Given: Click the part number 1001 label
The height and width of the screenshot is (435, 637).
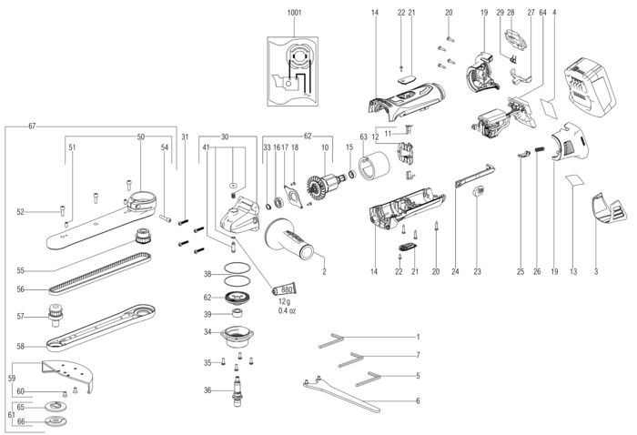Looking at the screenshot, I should [294, 12].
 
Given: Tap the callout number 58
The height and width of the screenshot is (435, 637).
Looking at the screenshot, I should [20, 346].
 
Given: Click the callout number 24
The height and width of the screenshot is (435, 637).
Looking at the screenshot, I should [454, 271].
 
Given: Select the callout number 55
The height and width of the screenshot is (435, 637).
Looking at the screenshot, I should [20, 270].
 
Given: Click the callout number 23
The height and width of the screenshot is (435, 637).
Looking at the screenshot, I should [476, 271].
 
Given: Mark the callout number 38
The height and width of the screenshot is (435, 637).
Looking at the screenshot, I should [207, 274].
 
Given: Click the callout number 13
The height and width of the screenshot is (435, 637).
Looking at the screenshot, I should [573, 271].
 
